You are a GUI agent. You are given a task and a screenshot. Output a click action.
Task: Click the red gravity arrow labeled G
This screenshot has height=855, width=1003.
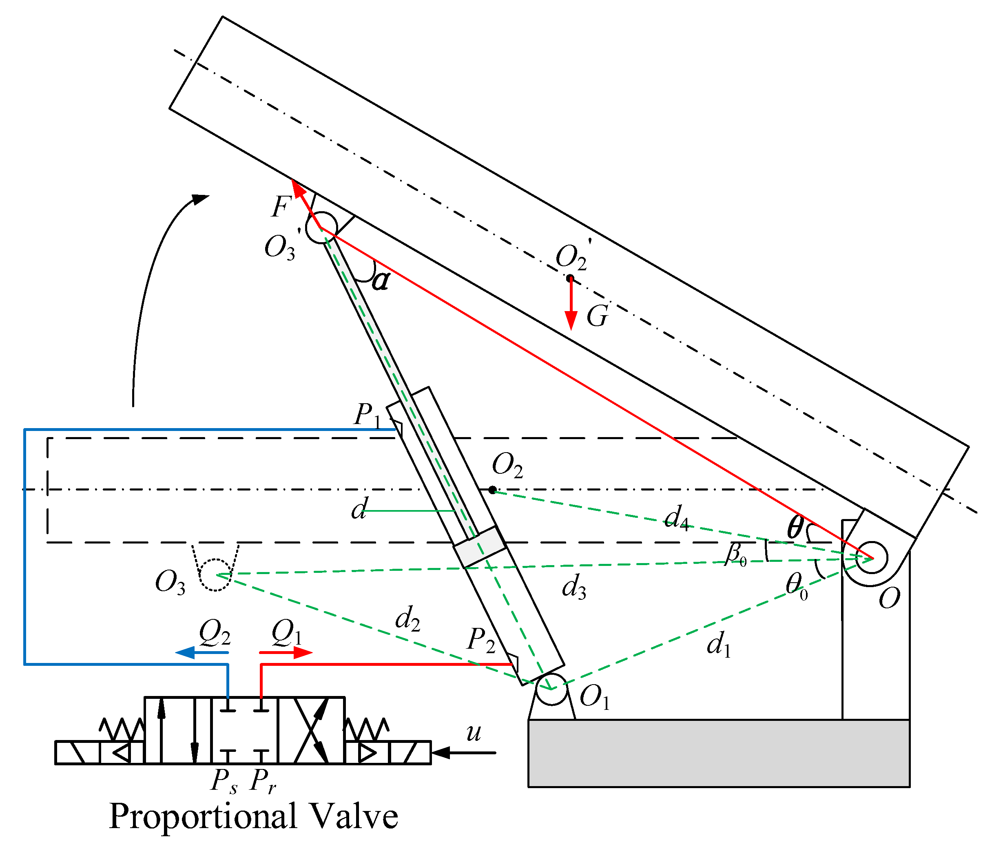point(571,305)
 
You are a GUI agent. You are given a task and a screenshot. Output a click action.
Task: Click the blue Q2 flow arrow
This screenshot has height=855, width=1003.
point(201,653)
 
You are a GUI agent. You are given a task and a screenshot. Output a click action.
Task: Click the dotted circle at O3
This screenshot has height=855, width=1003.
point(215,575)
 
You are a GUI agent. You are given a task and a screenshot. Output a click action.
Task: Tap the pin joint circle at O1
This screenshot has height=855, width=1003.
point(551,689)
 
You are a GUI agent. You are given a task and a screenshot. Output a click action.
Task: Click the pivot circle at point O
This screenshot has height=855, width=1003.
point(871,558)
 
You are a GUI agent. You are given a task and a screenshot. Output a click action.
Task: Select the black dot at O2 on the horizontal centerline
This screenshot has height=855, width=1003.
point(492,490)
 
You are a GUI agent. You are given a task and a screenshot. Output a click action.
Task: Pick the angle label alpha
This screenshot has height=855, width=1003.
point(381,281)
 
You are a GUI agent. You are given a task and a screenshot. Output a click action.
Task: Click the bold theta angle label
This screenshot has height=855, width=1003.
point(795,528)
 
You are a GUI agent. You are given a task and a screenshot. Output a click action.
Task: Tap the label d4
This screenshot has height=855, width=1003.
point(676,518)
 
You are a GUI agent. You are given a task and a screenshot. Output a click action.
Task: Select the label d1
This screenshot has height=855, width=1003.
point(718,645)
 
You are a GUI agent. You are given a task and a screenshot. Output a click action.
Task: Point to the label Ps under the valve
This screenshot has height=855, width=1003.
point(224,780)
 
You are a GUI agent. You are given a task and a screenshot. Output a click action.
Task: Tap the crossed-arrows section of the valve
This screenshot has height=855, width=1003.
point(310,731)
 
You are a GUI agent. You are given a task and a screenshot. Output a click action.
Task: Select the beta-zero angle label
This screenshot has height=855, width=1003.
point(736,554)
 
